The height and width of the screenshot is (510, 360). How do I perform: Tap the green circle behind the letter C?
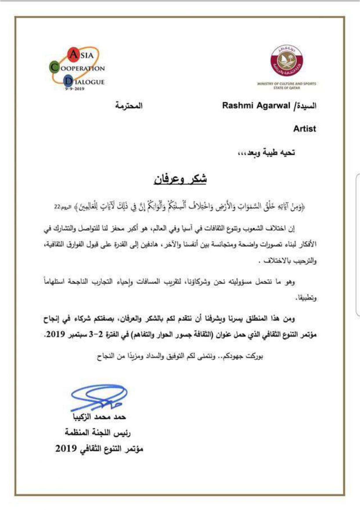coord(54,67)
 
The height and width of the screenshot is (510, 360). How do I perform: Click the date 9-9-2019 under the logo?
coord(75,89)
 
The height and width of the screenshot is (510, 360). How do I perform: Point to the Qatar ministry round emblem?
coord(286,61)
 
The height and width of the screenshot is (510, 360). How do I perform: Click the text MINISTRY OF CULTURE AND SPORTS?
coord(287,84)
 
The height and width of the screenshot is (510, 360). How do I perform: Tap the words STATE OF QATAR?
coord(287,88)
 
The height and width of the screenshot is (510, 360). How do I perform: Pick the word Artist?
coord(304,129)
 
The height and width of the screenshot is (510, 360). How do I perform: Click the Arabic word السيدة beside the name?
coord(306,105)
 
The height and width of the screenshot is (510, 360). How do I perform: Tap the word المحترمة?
coord(129,105)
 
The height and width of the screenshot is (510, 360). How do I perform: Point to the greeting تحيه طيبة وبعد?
coord(267,152)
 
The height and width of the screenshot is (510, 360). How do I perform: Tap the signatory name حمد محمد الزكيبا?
coord(99,417)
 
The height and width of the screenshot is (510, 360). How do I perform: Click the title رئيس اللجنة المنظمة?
coord(98,433)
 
